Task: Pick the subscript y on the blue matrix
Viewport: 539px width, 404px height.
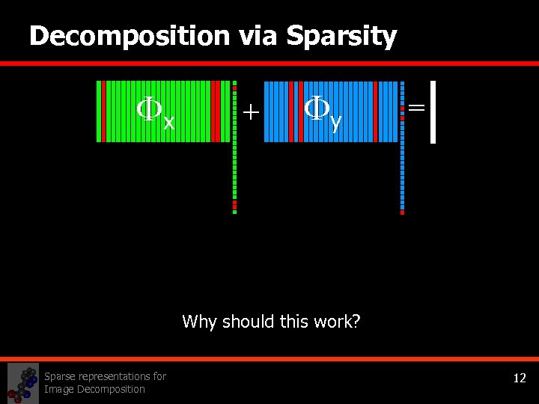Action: click(336, 121)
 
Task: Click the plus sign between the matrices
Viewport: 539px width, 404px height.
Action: click(251, 112)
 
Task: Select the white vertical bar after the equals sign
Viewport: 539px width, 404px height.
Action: click(433, 111)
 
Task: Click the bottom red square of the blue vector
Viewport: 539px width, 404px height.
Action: click(402, 212)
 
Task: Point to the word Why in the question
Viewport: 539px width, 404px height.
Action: click(198, 322)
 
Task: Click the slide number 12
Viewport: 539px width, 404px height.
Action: click(520, 379)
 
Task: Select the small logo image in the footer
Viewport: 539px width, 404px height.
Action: click(22, 383)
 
